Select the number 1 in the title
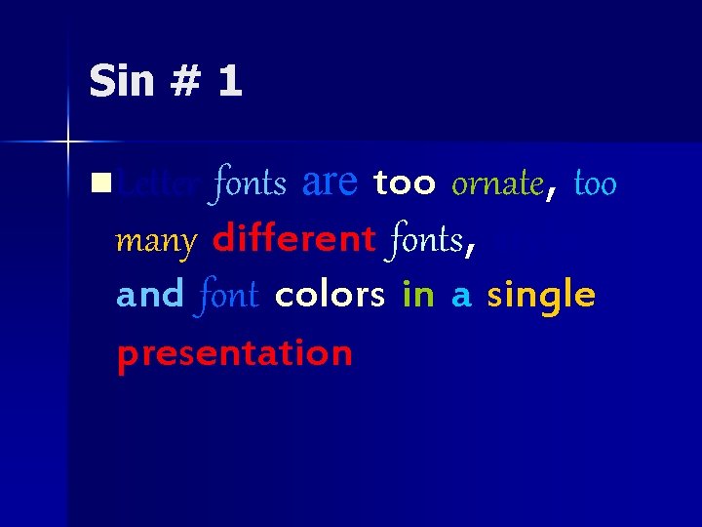230,81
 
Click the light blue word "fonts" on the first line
250,182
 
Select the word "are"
331,182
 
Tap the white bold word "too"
405,183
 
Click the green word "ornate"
497,182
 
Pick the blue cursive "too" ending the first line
596,182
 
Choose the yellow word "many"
156,240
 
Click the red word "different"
293,238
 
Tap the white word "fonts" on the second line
425,239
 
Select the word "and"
150,295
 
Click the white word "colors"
330,296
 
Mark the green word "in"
418,295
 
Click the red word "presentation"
234,354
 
